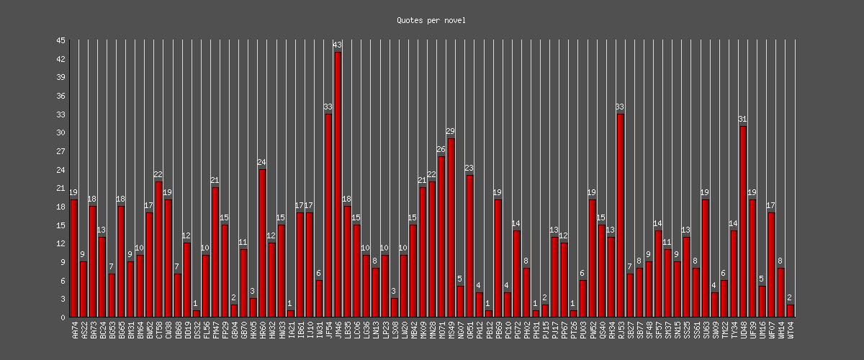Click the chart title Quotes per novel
431,20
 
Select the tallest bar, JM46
338,184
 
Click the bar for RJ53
620,215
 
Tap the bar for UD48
743,222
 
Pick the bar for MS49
451,228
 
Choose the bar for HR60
262,243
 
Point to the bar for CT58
158,249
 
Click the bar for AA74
73,258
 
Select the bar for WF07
771,265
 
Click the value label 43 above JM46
338,45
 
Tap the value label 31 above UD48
743,120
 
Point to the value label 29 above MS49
451,132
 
